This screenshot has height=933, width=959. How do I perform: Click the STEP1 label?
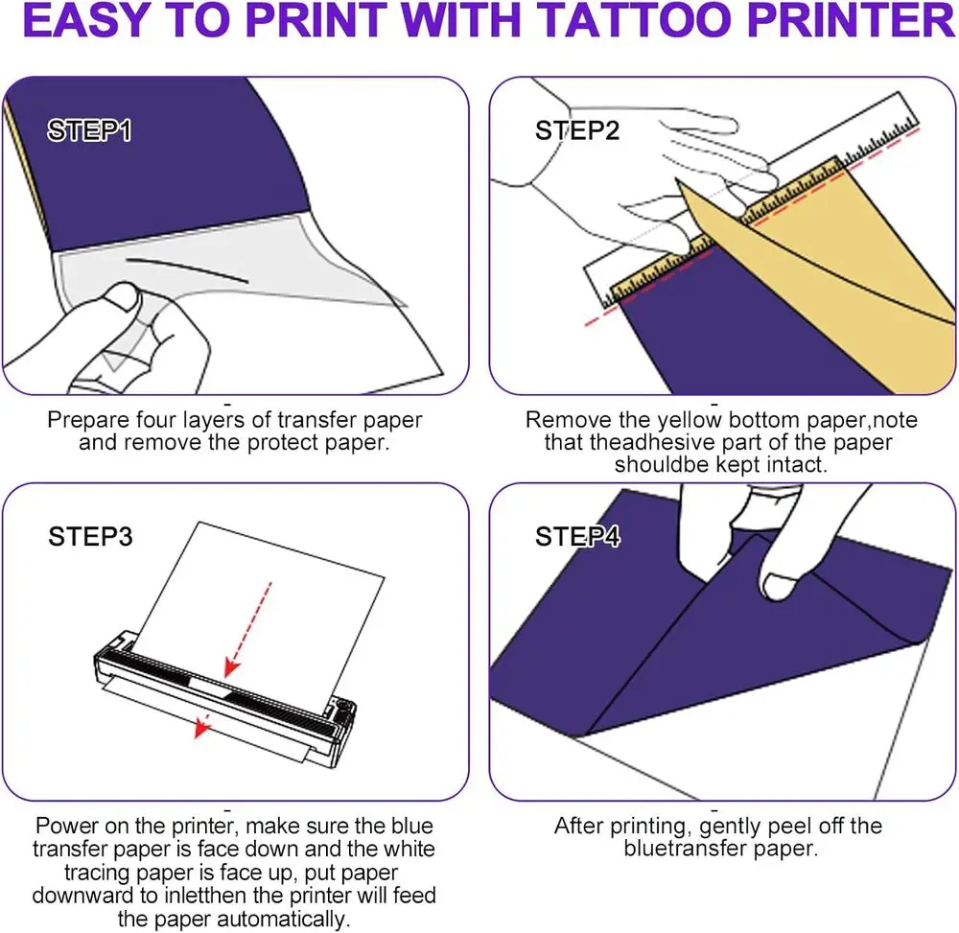[89, 130]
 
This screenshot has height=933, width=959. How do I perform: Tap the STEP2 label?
[576, 130]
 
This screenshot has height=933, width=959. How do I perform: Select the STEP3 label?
[90, 536]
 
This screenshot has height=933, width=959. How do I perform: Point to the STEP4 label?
[577, 536]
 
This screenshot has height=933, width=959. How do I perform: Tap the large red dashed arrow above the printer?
[247, 630]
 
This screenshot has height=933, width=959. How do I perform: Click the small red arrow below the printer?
[202, 726]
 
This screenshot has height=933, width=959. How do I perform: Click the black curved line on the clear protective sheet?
[187, 269]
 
